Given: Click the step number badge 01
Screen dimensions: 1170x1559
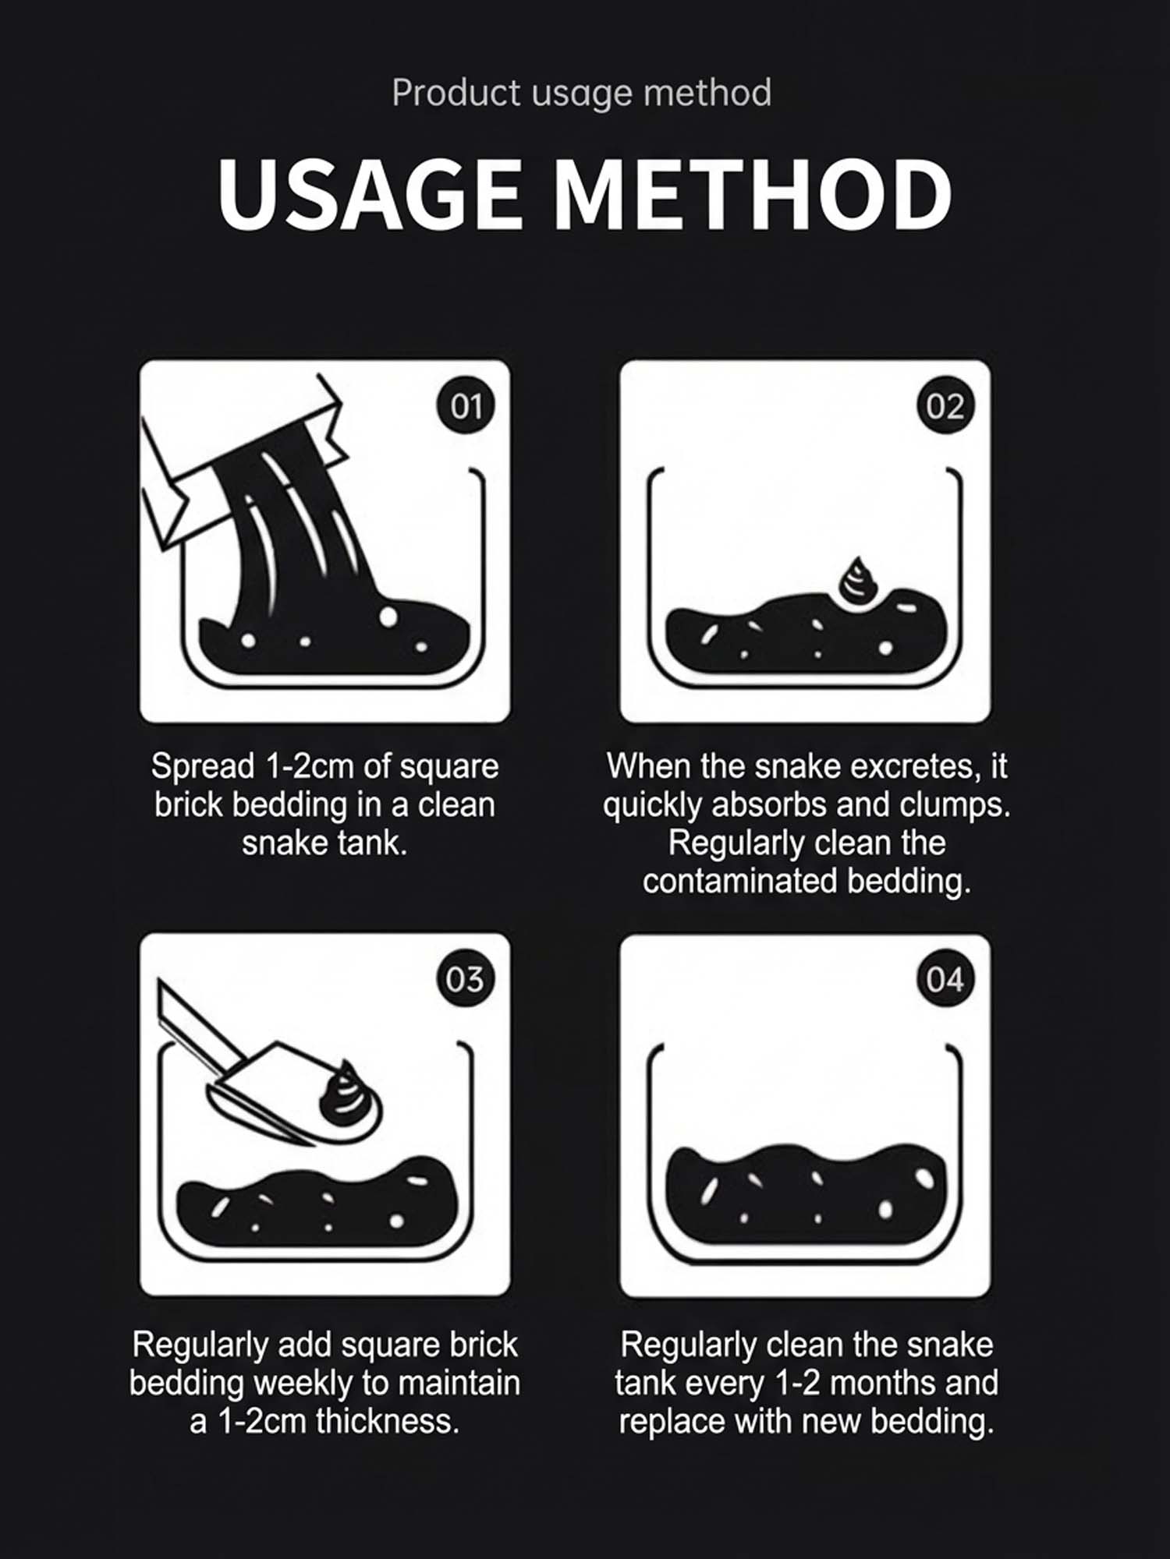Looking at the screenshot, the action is [x=466, y=406].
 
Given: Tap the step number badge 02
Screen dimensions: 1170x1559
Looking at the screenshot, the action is [x=945, y=406].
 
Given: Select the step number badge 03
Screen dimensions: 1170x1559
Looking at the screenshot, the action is [x=466, y=979].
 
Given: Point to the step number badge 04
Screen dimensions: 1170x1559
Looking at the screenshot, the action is [x=945, y=979].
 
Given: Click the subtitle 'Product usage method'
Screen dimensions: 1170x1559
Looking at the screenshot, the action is [x=582, y=93].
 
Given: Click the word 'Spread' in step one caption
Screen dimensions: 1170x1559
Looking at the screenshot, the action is [x=203, y=767].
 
